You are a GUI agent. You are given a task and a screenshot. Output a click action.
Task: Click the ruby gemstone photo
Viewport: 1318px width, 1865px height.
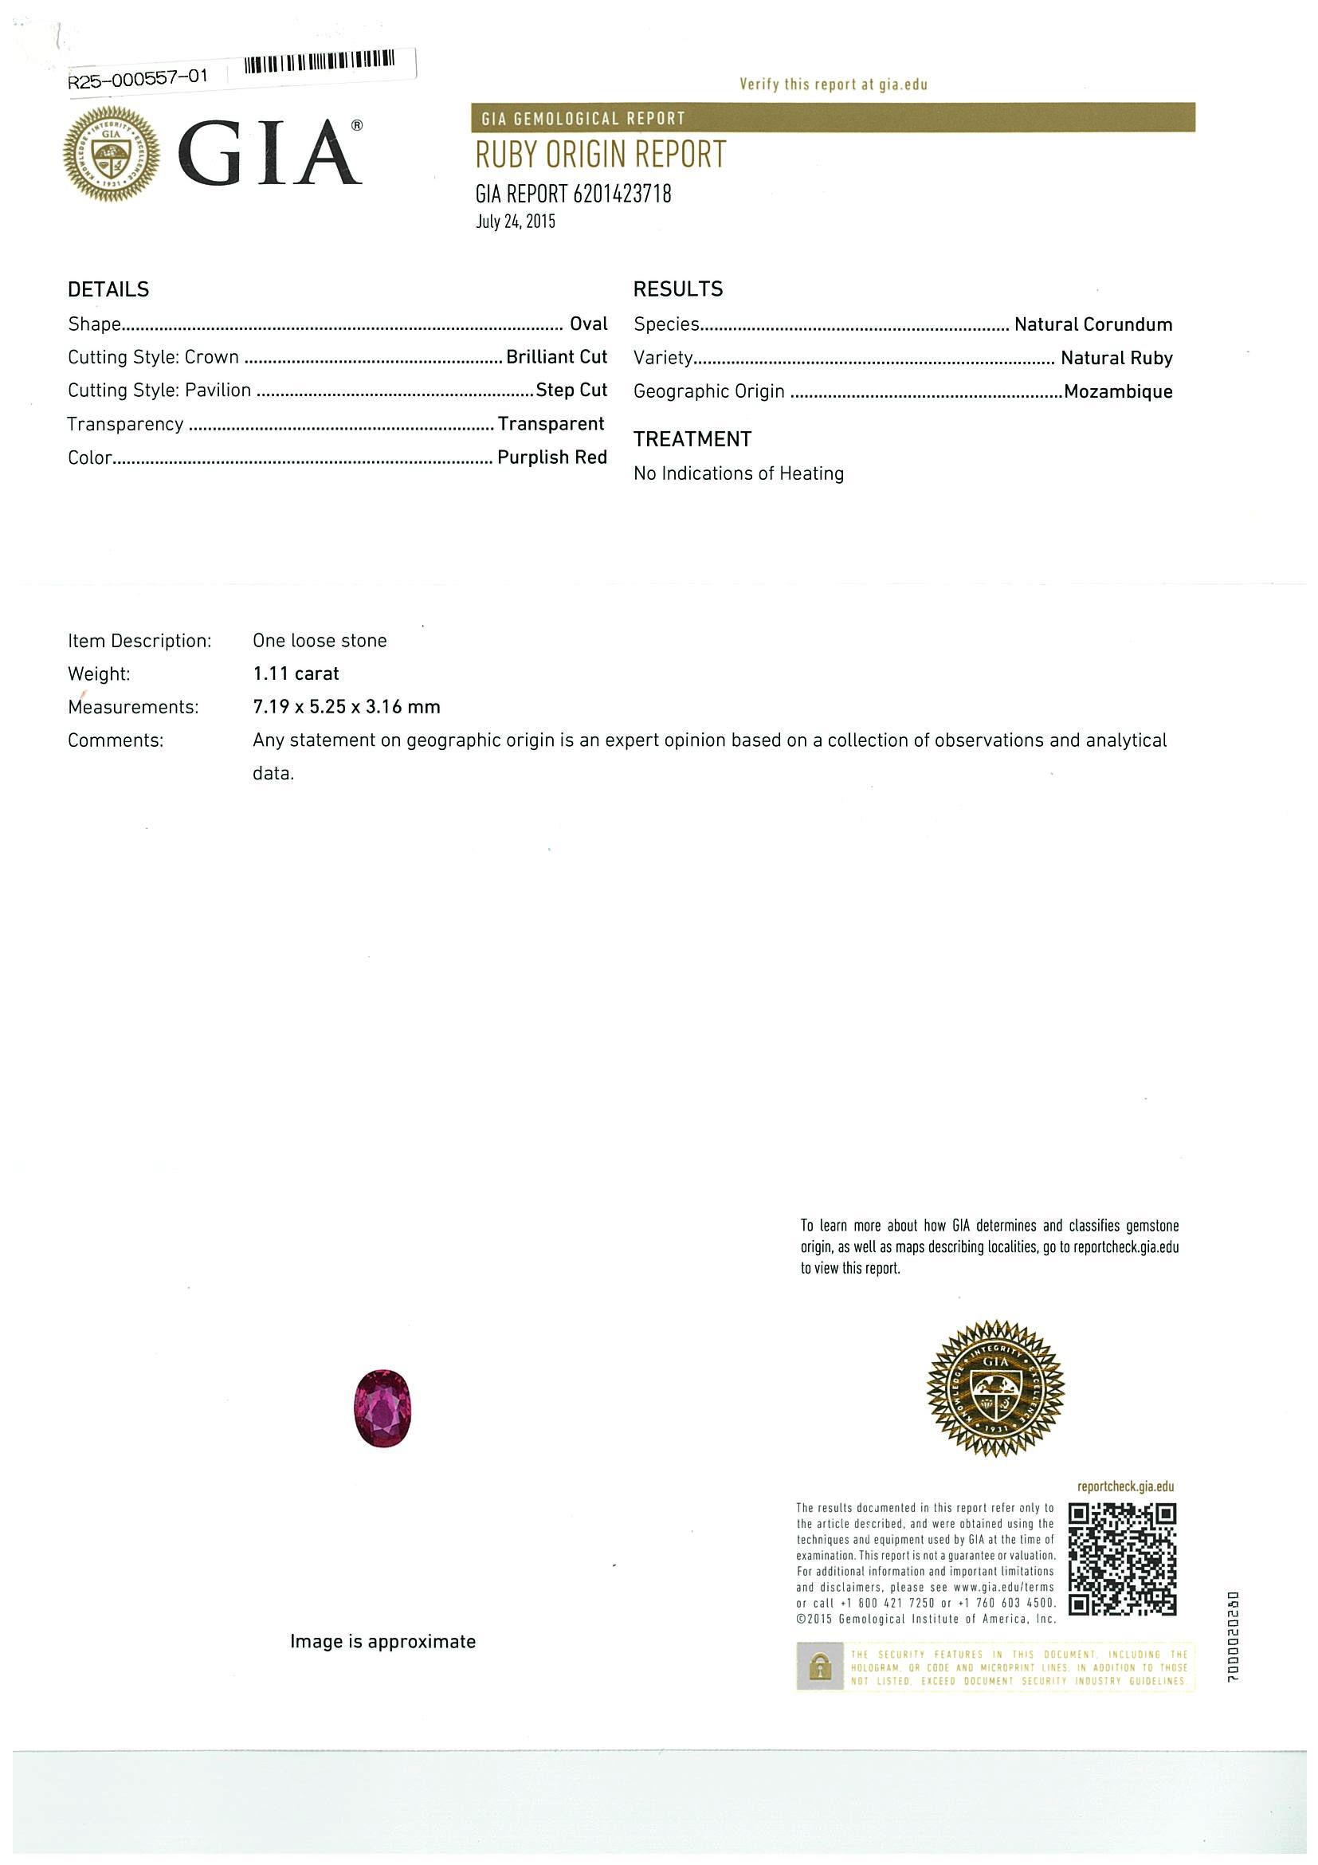click(382, 1408)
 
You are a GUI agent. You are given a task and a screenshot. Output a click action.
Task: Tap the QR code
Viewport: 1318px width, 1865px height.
click(1121, 1559)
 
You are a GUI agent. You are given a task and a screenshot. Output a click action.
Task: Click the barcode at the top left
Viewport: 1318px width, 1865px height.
click(320, 61)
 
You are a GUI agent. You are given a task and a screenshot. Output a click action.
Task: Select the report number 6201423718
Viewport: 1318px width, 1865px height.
click(622, 194)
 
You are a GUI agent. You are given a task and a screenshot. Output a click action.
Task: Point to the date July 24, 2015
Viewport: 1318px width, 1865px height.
click(515, 222)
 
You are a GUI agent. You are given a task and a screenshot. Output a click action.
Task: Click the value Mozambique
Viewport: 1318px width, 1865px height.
click(1117, 391)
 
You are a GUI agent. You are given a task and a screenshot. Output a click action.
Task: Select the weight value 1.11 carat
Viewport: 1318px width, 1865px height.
click(296, 673)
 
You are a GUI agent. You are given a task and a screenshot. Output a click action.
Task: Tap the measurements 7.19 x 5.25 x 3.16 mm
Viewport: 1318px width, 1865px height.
click(347, 707)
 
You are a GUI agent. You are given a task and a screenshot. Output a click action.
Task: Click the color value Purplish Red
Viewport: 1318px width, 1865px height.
click(551, 457)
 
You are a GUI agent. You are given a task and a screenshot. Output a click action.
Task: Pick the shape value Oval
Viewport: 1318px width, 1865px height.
click(588, 324)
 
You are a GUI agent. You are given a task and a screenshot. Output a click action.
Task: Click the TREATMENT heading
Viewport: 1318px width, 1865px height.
click(692, 439)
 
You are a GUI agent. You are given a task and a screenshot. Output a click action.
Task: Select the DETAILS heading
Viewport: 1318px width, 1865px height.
click(108, 289)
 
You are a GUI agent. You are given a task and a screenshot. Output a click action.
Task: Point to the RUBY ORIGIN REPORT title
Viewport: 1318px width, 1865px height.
click(600, 155)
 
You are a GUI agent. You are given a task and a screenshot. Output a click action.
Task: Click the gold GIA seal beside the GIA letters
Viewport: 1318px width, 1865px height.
click(112, 153)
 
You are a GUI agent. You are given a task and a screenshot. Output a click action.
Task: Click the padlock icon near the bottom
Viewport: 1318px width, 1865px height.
click(821, 1667)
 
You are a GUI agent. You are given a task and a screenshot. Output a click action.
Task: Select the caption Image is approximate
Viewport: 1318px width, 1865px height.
click(382, 1642)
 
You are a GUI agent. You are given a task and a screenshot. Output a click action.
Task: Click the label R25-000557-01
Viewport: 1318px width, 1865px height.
click(138, 78)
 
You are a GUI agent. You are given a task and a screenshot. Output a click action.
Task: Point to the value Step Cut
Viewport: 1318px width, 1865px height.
click(571, 390)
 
